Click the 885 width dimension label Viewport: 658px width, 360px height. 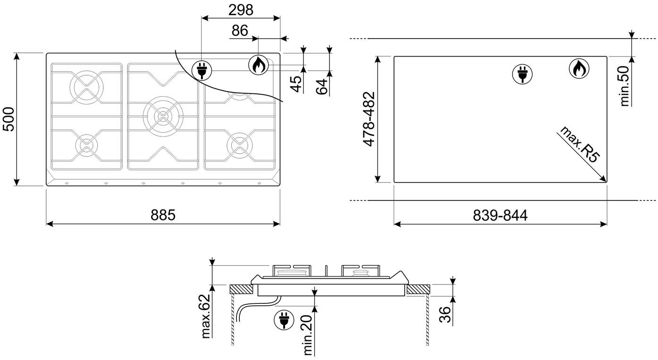point(163,215)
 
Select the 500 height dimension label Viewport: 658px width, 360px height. point(8,119)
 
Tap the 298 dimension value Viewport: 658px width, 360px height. point(241,10)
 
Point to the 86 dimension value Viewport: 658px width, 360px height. point(240,31)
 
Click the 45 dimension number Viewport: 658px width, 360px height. point(297,84)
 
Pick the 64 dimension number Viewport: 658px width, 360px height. point(321,87)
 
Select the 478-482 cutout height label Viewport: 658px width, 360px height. point(369,119)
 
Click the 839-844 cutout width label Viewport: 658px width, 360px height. point(500,215)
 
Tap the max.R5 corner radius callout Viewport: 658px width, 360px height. point(580,144)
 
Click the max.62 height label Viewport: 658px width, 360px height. point(206,316)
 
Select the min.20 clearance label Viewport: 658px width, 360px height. point(307,335)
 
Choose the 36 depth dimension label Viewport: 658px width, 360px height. point(445,315)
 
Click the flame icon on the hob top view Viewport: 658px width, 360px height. point(259,65)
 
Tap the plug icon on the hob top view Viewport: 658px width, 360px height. point(202,71)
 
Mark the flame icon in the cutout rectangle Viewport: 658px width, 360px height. point(579,69)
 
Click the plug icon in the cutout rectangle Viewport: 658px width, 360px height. point(522,74)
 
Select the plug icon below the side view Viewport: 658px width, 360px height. point(284,320)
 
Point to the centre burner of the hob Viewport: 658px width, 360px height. point(163,116)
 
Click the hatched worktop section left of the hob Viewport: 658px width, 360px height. point(241,289)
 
